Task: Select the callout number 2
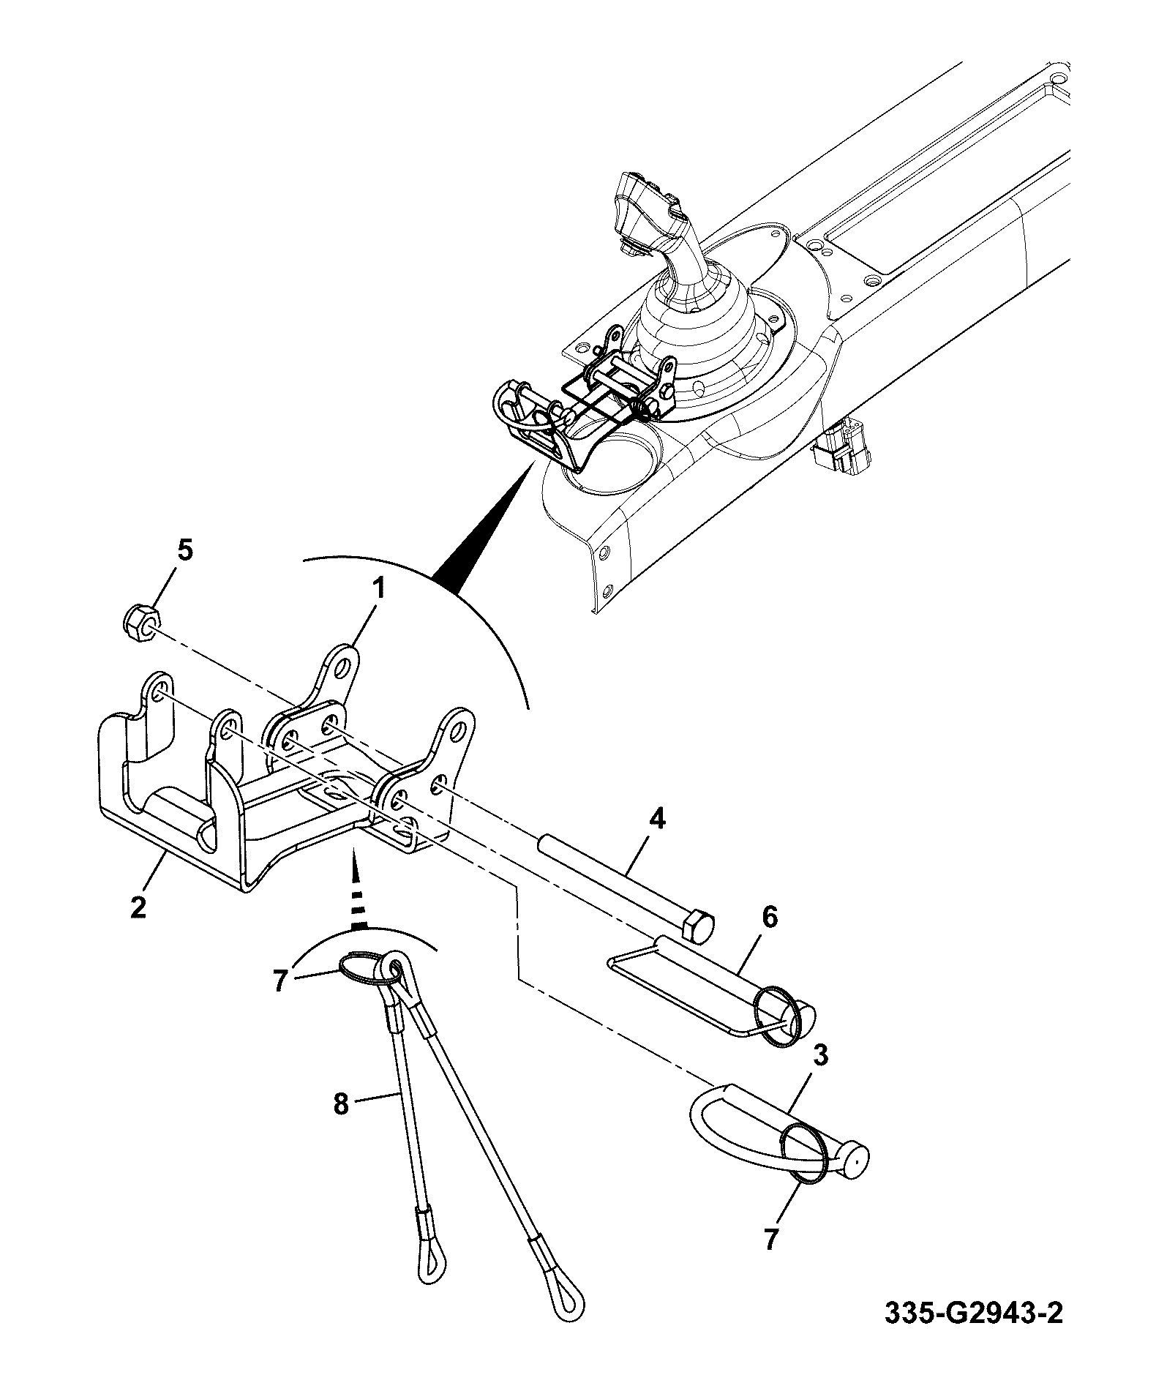(138, 907)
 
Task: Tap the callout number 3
(821, 1056)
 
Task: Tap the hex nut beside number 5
(139, 623)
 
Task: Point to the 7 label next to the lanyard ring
(279, 981)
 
